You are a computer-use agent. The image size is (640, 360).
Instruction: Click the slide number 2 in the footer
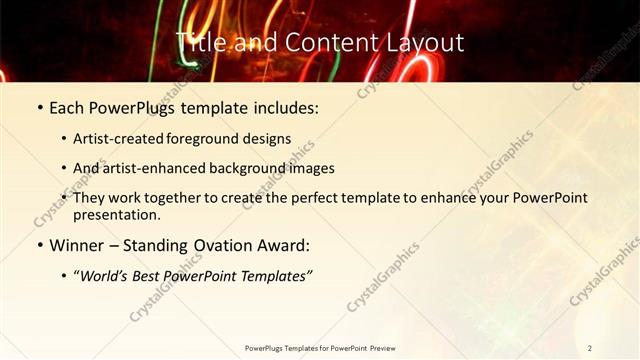coord(590,348)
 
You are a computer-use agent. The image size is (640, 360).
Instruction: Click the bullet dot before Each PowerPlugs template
coord(39,107)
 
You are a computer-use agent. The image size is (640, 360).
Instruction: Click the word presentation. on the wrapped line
coord(117,214)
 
